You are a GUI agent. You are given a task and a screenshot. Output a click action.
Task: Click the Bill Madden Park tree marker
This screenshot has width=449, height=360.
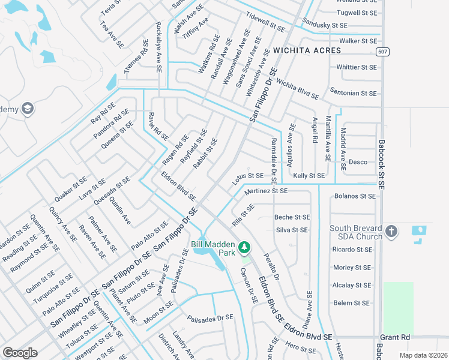[x=244, y=247]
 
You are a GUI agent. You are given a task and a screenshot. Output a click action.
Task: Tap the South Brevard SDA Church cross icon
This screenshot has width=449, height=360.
[x=391, y=231]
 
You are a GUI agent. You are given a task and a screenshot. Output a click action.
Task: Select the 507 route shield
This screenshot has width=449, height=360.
[x=382, y=52]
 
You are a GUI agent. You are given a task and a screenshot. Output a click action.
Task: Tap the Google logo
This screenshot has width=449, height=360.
[x=20, y=353]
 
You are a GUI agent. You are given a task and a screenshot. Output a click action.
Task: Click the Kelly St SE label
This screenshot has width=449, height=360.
[x=309, y=176]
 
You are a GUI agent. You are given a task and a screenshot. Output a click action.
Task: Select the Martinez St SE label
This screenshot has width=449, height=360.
[x=266, y=191]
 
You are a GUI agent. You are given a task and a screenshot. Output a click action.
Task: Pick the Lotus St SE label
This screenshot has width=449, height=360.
[x=248, y=176]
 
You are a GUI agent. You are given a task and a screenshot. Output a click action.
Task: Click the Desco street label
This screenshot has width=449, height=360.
[x=358, y=162]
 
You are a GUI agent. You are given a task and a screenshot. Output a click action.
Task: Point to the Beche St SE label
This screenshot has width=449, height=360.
[x=292, y=217]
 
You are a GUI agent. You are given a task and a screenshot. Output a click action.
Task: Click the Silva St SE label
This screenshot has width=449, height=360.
[x=292, y=230]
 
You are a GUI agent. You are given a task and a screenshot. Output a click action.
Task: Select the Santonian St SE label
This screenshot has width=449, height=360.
[x=354, y=94]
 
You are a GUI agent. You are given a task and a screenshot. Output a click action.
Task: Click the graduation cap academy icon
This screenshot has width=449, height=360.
[x=27, y=109]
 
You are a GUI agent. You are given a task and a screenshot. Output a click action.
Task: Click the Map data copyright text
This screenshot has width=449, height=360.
[x=422, y=355]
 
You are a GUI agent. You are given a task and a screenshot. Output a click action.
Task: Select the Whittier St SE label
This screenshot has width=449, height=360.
[x=357, y=67]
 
